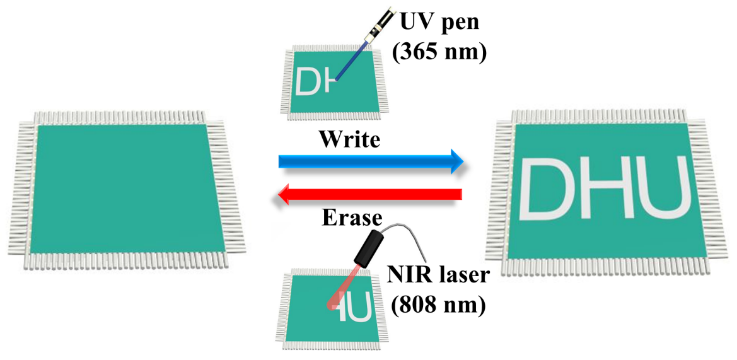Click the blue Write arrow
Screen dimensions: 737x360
click(x=370, y=161)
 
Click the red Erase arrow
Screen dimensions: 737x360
click(x=369, y=194)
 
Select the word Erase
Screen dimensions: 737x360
click(x=352, y=218)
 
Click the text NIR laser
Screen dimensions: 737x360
click(x=438, y=277)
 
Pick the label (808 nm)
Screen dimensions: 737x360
click(x=438, y=304)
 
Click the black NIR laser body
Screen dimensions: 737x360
click(x=370, y=247)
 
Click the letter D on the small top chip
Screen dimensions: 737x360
click(x=308, y=81)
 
